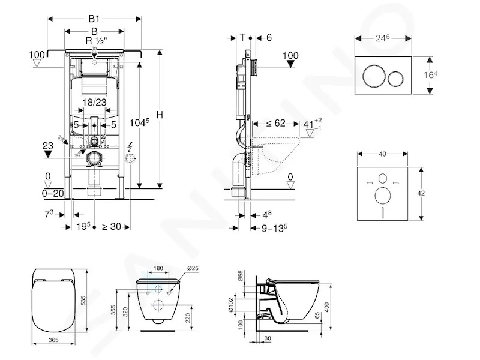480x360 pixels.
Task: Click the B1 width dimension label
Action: pos(94,19)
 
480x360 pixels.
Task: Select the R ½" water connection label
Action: pos(96,41)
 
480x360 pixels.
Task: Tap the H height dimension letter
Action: pos(160,115)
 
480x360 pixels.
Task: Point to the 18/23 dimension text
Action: pos(94,102)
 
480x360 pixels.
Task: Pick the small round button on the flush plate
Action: pos(395,79)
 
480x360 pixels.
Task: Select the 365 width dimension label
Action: pos(53,340)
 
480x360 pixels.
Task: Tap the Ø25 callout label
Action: pos(193,268)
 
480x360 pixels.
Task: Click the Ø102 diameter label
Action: pos(231,305)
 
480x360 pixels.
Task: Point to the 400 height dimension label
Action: pos(326,307)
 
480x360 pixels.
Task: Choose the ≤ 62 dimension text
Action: pos(275,123)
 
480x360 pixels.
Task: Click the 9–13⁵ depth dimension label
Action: pos(274,228)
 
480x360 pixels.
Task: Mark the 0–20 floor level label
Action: pos(53,193)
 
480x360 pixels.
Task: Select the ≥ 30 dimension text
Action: pos(112,227)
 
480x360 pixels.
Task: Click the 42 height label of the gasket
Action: pos(421,193)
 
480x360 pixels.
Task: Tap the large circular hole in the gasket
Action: pos(383,196)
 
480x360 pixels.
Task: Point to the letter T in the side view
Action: pos(242,38)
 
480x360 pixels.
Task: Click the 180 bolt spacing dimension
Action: pos(158,268)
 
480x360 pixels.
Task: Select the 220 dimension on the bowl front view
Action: pos(188,318)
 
